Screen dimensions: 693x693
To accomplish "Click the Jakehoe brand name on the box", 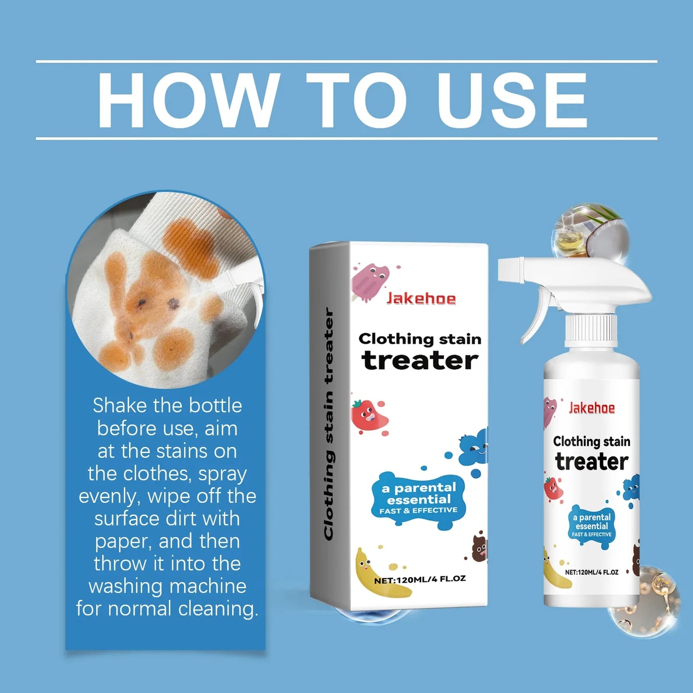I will point(421,299).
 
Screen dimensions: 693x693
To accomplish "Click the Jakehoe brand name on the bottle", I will point(591,408).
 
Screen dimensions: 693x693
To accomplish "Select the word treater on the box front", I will point(420,361).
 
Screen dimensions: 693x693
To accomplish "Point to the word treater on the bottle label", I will point(591,462).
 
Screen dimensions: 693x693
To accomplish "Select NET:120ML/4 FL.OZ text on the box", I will point(420,579).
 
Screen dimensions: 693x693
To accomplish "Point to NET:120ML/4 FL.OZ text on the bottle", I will point(591,572).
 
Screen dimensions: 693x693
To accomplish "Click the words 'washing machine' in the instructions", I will point(167,586).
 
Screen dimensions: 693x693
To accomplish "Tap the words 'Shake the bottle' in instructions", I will point(167,406).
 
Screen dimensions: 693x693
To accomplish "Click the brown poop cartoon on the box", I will point(480,548).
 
